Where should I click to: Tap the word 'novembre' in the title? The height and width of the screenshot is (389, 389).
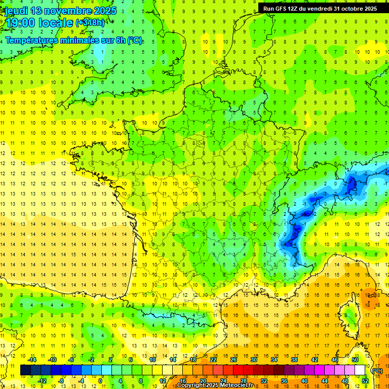(65, 11)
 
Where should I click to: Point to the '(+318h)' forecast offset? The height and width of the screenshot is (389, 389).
(90, 23)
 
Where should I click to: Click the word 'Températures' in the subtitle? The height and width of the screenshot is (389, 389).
(32, 40)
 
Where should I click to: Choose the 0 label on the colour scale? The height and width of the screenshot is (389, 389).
(100, 381)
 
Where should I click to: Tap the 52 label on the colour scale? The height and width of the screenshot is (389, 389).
(365, 381)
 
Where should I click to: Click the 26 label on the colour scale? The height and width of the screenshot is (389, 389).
(234, 360)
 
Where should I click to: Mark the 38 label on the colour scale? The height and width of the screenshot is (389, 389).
(294, 360)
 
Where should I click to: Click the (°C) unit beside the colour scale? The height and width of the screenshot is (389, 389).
(377, 371)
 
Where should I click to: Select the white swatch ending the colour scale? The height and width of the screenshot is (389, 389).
(360, 370)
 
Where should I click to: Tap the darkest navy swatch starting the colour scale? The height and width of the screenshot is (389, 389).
(25, 370)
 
